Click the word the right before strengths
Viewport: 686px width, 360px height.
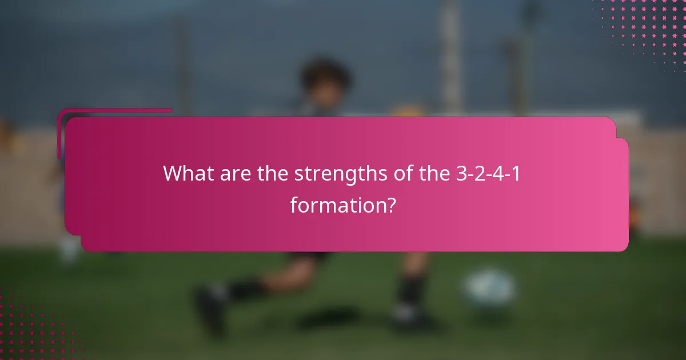[x=273, y=173]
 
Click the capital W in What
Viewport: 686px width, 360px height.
[x=173, y=173]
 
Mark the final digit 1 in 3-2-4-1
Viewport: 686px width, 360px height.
[x=517, y=173]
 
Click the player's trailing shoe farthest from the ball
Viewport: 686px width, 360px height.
[x=209, y=311]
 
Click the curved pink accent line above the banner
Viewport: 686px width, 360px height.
[x=114, y=111]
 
